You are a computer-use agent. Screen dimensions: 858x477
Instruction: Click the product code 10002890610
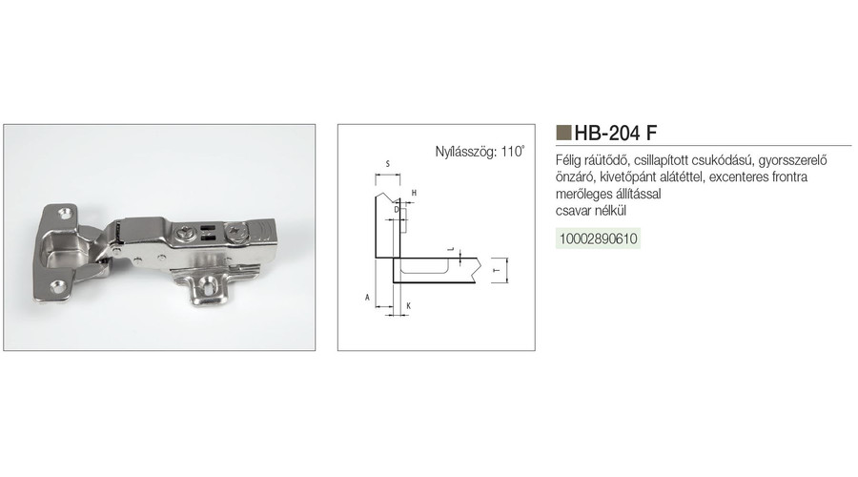click(x=598, y=238)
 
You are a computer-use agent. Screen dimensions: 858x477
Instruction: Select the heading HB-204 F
click(x=616, y=133)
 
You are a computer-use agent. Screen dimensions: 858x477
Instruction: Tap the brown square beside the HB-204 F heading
click(x=563, y=133)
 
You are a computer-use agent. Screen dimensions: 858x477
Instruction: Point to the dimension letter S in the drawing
click(x=387, y=164)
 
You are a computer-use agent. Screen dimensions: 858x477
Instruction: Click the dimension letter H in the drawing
click(x=415, y=193)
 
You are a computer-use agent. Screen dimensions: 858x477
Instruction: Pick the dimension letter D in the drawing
click(x=397, y=209)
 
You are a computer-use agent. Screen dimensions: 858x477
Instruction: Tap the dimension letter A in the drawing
click(x=368, y=298)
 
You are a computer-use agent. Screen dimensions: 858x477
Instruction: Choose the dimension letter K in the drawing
click(x=408, y=306)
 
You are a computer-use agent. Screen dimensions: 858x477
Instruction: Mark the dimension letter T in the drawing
click(x=497, y=271)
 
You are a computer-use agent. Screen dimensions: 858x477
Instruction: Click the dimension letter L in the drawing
click(x=451, y=249)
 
